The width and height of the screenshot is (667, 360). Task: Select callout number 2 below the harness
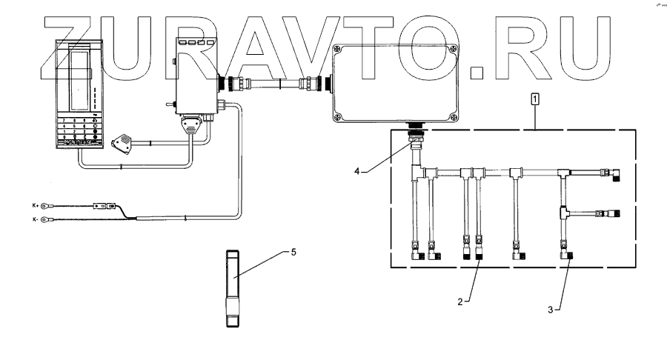click(460, 301)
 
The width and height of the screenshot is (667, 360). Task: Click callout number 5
click(293, 252)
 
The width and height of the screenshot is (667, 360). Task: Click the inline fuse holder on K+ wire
click(104, 207)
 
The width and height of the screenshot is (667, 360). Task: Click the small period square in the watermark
click(477, 71)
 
